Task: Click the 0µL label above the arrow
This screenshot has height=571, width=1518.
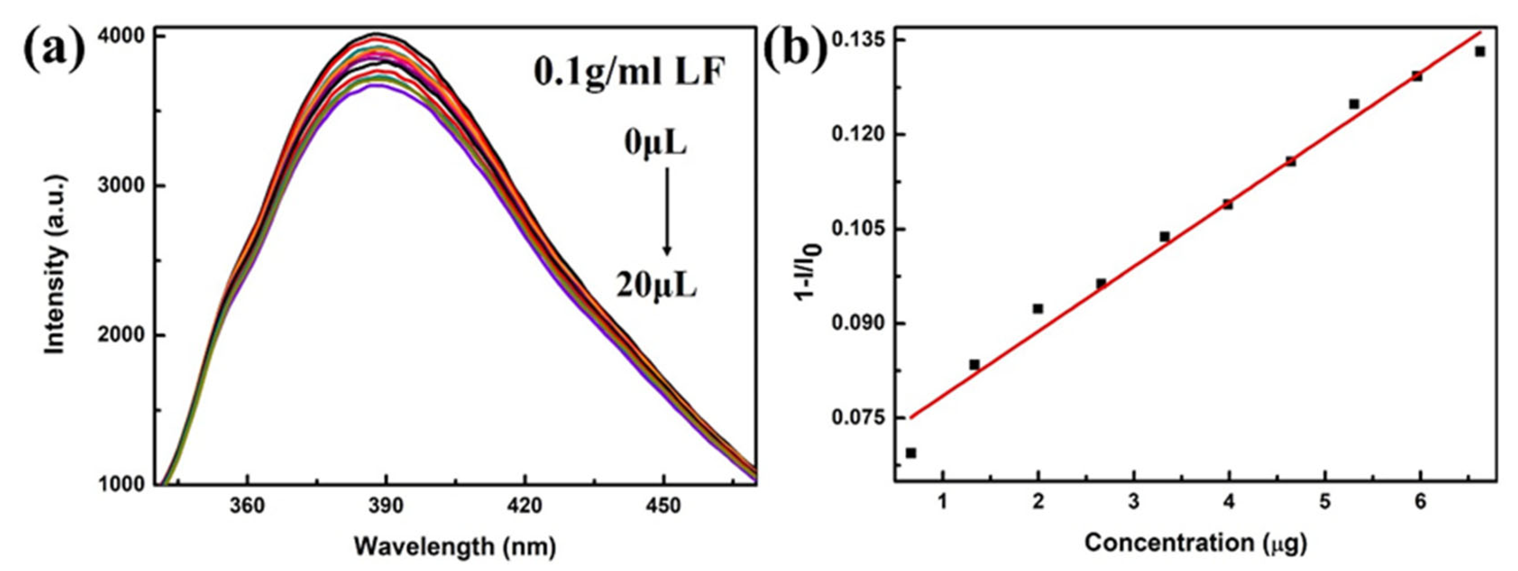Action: [655, 144]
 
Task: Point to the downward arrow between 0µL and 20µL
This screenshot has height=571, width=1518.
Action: [667, 212]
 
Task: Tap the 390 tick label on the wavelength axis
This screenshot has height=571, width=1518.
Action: [386, 505]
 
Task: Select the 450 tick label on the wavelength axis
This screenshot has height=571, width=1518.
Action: [664, 505]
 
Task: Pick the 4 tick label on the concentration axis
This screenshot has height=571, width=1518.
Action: [1229, 502]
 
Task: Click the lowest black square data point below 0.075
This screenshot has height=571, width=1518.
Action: [910, 453]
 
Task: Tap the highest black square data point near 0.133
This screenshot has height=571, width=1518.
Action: [1480, 52]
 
